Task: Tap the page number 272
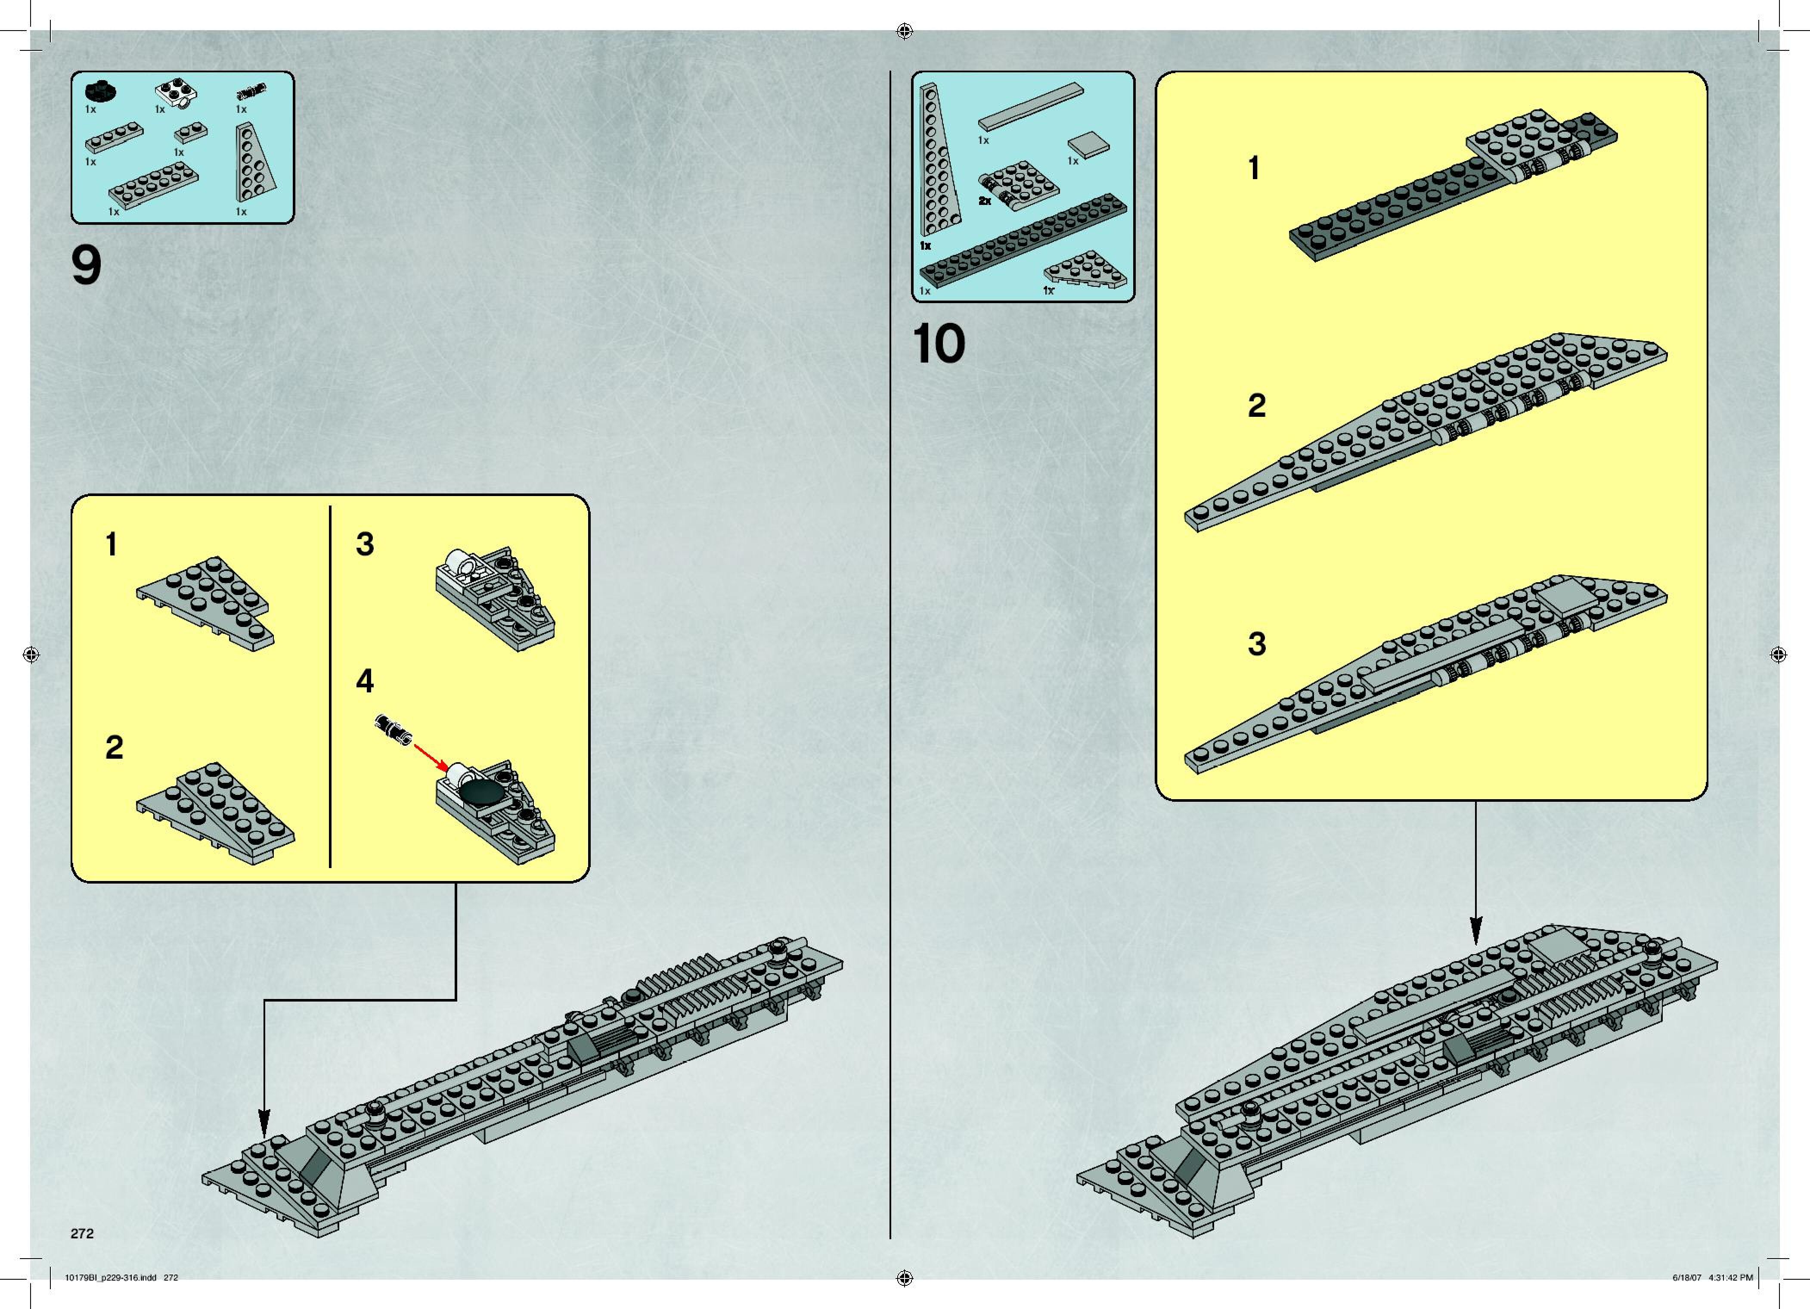pos(82,1233)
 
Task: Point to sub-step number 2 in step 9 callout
pos(114,748)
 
